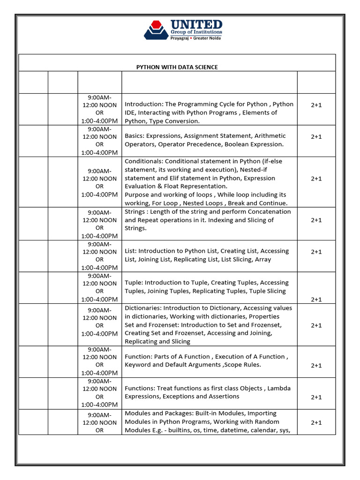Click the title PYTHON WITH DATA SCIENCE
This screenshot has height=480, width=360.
click(177, 67)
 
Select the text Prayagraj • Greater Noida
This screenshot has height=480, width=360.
click(196, 37)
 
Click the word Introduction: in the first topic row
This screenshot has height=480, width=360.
click(143, 104)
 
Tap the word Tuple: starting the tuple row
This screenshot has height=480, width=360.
click(135, 283)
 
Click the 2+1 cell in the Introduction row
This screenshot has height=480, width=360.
click(316, 105)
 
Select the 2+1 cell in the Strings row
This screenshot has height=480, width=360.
click(316, 220)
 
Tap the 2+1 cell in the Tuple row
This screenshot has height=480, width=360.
click(316, 299)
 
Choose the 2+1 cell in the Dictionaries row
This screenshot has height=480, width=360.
click(316, 325)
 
